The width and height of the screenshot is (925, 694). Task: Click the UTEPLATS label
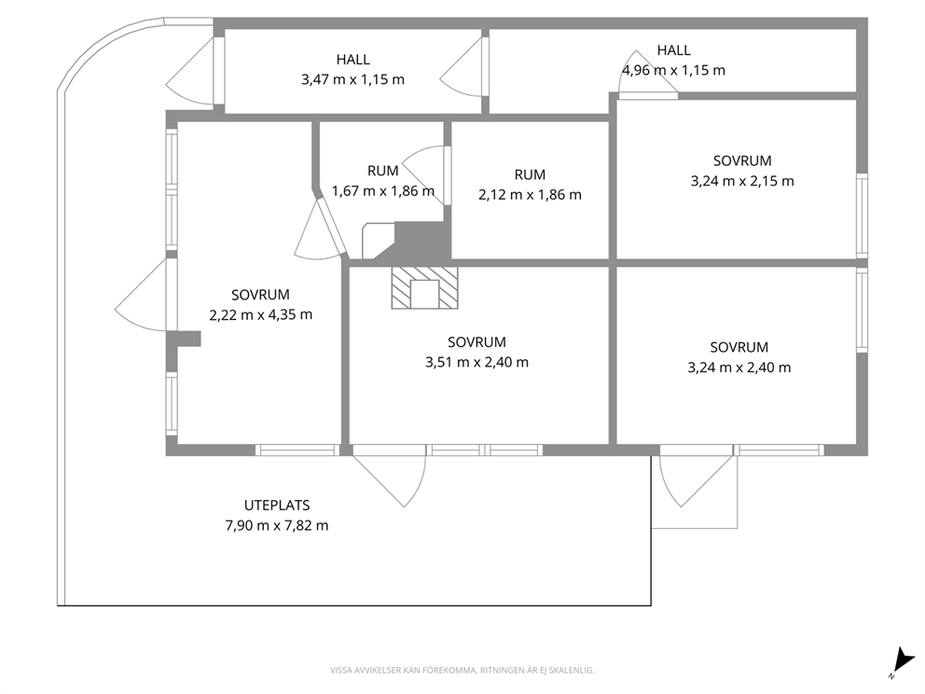click(x=277, y=506)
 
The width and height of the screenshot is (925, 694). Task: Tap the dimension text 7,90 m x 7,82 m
click(x=277, y=525)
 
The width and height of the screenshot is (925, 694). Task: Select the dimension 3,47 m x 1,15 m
click(x=352, y=79)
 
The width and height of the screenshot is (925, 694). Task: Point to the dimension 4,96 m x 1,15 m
click(x=673, y=70)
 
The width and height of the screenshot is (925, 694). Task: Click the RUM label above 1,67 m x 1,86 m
click(x=383, y=171)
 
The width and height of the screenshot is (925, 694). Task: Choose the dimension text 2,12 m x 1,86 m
click(x=530, y=195)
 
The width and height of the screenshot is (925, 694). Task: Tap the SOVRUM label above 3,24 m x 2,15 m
click(x=742, y=161)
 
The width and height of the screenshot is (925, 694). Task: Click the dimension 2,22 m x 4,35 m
click(x=261, y=315)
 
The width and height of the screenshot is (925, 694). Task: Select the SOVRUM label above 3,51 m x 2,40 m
click(x=476, y=342)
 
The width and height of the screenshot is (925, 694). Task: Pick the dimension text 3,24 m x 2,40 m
click(x=739, y=368)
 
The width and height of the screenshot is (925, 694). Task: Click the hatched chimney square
click(x=424, y=287)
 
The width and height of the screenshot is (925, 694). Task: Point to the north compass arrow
click(x=902, y=659)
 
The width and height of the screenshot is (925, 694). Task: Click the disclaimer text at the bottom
click(x=462, y=671)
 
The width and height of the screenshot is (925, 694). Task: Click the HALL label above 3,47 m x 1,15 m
click(x=352, y=60)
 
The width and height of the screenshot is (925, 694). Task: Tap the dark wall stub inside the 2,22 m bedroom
click(x=184, y=339)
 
